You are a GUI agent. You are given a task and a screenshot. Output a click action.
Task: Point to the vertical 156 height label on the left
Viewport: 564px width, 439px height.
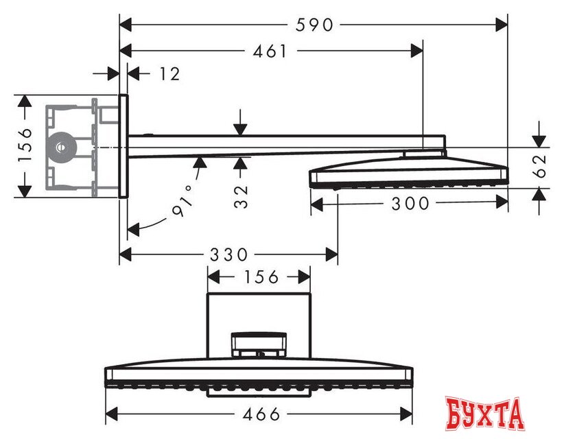click(x=25, y=145)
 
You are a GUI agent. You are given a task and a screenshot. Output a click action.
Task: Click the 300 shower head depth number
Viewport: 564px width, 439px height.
click(x=409, y=203)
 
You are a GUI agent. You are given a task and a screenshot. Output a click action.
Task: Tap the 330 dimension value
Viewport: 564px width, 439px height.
click(x=228, y=254)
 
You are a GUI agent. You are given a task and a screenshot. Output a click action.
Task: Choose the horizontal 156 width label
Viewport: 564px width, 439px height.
click(x=260, y=276)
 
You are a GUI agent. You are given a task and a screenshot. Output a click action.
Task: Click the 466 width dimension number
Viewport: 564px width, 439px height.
click(x=261, y=414)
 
